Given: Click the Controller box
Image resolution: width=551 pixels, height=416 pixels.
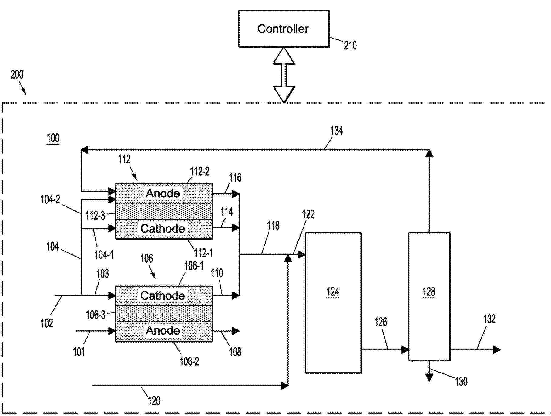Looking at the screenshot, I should pyautogui.click(x=284, y=29).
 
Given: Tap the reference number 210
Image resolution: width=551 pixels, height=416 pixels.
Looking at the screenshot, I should pyautogui.click(x=350, y=46).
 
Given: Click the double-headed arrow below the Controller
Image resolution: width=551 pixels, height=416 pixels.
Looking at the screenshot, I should pyautogui.click(x=284, y=75).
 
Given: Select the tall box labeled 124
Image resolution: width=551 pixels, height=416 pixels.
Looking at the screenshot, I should pyautogui.click(x=333, y=302).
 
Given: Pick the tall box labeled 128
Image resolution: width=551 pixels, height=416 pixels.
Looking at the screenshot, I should pyautogui.click(x=429, y=296).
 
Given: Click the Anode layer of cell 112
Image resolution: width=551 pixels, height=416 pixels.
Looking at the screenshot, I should pyautogui.click(x=164, y=193).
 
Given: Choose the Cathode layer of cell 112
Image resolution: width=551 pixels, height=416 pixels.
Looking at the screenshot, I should pyautogui.click(x=164, y=229).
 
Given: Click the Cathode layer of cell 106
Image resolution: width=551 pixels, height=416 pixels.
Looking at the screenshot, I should pyautogui.click(x=164, y=296).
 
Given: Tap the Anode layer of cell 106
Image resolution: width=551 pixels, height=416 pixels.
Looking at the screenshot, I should pyautogui.click(x=164, y=331).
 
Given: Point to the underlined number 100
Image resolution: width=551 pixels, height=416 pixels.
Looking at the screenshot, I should pyautogui.click(x=53, y=138).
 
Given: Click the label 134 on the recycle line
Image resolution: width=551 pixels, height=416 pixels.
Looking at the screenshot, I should pyautogui.click(x=336, y=131).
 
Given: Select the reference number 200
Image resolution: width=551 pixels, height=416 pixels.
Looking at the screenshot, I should pyautogui.click(x=17, y=74).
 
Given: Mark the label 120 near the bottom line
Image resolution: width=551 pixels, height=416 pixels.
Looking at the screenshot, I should pyautogui.click(x=154, y=401).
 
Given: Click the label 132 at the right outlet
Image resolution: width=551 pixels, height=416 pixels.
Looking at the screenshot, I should pyautogui.click(x=489, y=319).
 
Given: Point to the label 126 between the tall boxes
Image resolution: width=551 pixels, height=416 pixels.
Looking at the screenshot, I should pyautogui.click(x=381, y=322).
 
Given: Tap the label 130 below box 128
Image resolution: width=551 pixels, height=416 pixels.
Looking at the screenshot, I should pyautogui.click(x=461, y=381).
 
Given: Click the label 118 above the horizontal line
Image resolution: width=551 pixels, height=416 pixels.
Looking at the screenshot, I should pyautogui.click(x=273, y=226).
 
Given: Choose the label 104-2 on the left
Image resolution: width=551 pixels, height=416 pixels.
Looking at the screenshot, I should pyautogui.click(x=50, y=199).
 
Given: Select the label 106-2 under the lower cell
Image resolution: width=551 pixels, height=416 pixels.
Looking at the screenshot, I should pyautogui.click(x=189, y=361).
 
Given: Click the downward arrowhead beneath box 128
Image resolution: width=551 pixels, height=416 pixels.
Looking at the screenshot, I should pyautogui.click(x=429, y=377).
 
